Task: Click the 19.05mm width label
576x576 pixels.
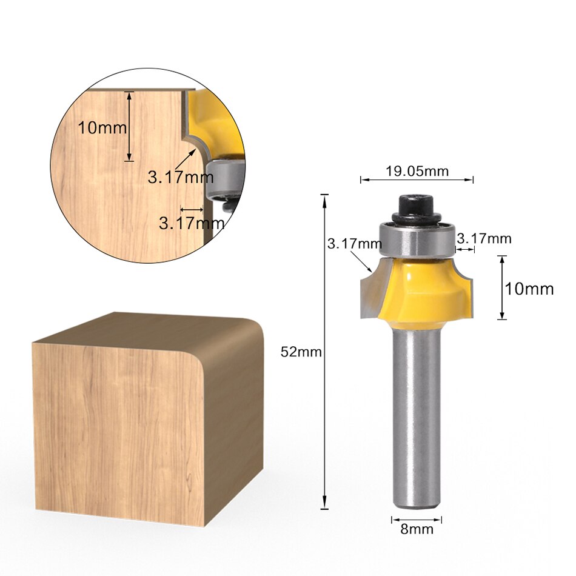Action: tap(417, 171)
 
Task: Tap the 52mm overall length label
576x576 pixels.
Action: tap(301, 352)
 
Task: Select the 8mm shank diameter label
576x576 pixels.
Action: tap(417, 529)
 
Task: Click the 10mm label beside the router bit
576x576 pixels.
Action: tap(529, 289)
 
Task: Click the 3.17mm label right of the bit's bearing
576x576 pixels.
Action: tap(483, 238)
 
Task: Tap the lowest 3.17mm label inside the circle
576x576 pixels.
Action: tap(191, 223)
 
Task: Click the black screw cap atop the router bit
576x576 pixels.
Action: tap(416, 207)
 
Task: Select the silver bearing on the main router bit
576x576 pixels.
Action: tap(417, 239)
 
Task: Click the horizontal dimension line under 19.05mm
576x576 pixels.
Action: tap(417, 179)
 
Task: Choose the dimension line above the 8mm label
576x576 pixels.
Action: tap(417, 519)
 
